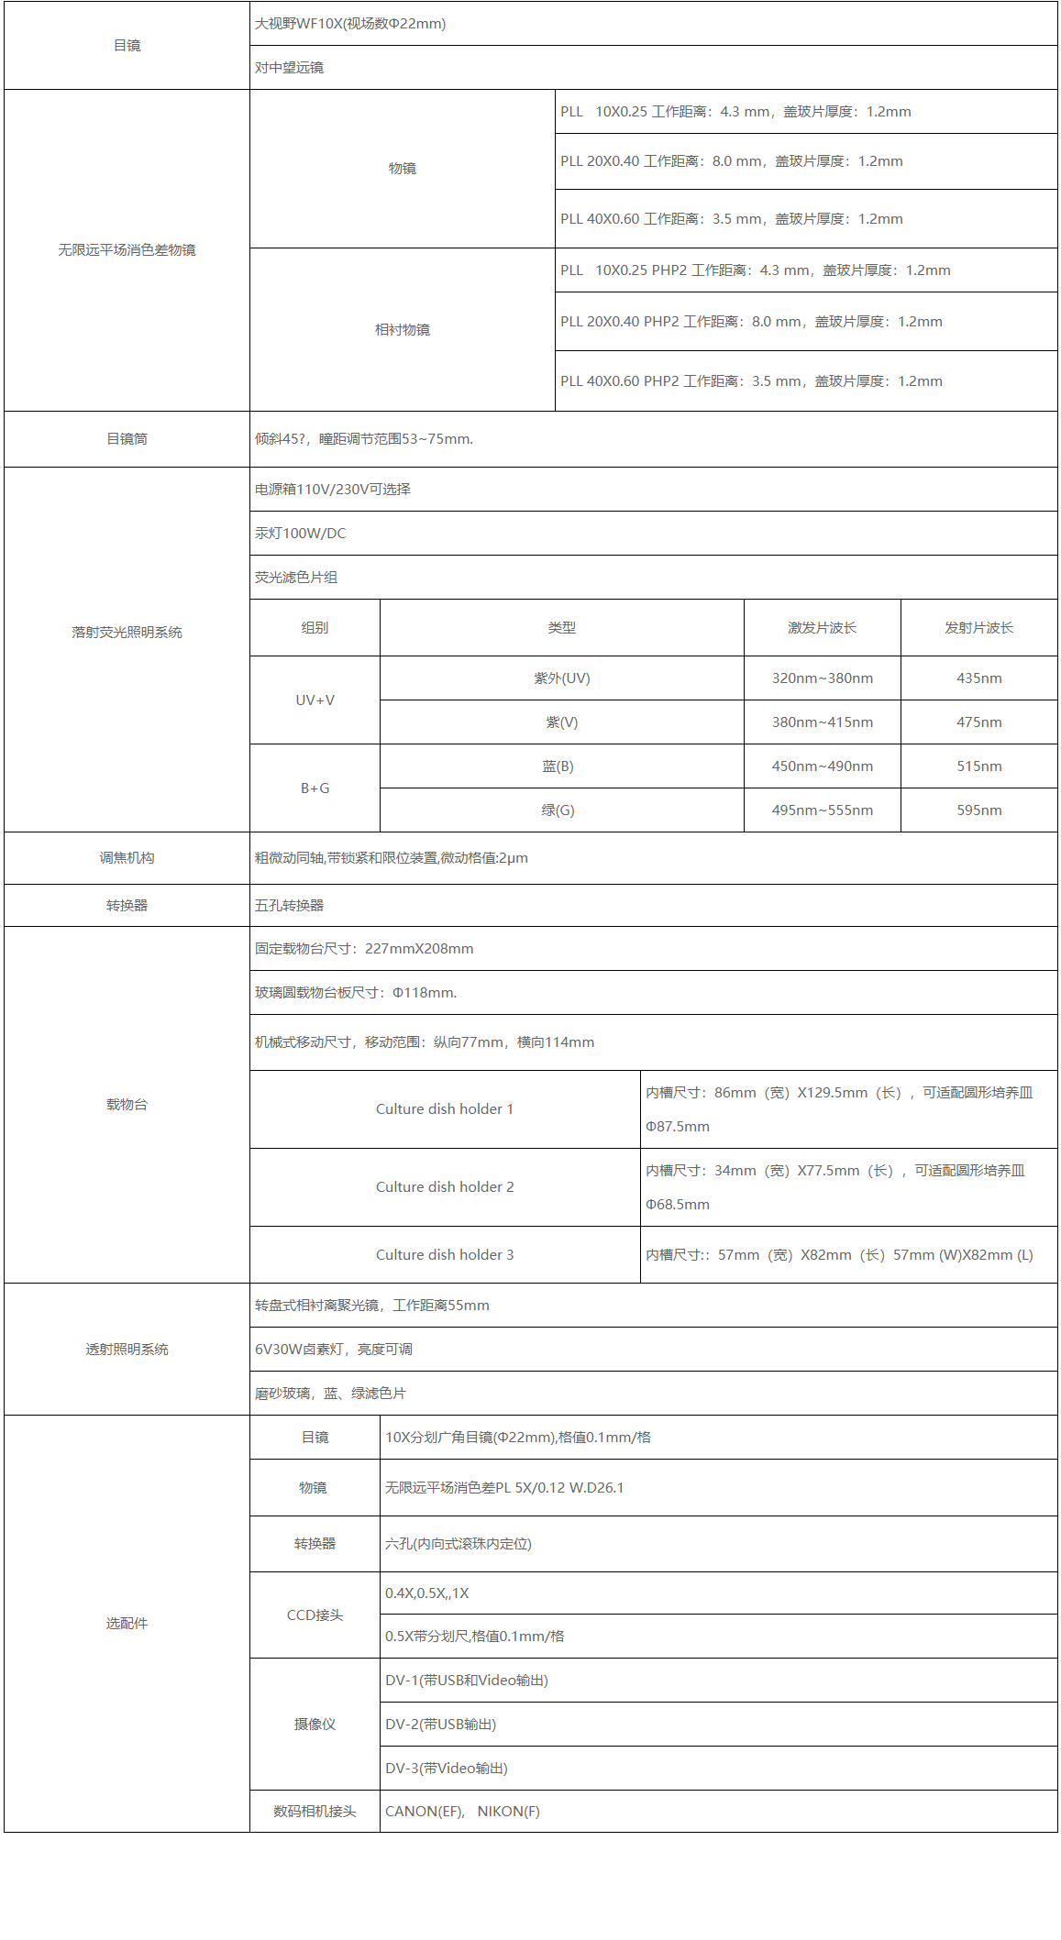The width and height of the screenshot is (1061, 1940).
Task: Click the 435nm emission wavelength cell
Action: pyautogui.click(x=978, y=678)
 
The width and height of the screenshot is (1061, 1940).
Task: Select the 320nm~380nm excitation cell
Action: pyautogui.click(x=822, y=678)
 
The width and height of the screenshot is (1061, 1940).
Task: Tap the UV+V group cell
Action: pyautogui.click(x=315, y=700)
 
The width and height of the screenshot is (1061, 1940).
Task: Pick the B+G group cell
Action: pyautogui.click(x=315, y=788)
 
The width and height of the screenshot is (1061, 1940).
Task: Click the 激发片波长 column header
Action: pyautogui.click(x=822, y=628)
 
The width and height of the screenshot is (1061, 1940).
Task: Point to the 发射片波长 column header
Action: pyautogui.click(x=978, y=628)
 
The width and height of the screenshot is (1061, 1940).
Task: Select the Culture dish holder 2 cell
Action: pyautogui.click(x=445, y=1187)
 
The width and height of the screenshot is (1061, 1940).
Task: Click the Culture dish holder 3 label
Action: pyautogui.click(x=445, y=1255)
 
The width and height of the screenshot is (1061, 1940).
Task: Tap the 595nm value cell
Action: pyautogui.click(x=978, y=810)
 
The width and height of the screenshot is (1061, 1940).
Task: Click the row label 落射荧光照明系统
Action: pyautogui.click(x=127, y=633)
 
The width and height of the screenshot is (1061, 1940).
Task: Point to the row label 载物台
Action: pyautogui.click(x=127, y=1105)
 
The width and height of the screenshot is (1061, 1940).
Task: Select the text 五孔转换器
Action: pyautogui.click(x=290, y=906)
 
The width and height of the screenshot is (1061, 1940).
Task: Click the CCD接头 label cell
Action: pyautogui.click(x=315, y=1615)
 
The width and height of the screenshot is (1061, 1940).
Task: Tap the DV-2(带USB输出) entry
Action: pyautogui.click(x=441, y=1725)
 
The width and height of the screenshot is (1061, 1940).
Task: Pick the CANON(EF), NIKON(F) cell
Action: pyautogui.click(x=462, y=1812)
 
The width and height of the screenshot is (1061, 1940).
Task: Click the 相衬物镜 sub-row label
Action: pyautogui.click(x=402, y=330)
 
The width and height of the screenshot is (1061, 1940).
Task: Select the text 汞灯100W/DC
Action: pyautogui.click(x=301, y=534)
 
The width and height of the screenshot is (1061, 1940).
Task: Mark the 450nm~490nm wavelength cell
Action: pyautogui.click(x=822, y=766)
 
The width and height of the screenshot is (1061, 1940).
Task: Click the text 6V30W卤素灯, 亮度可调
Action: pyautogui.click(x=334, y=1350)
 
